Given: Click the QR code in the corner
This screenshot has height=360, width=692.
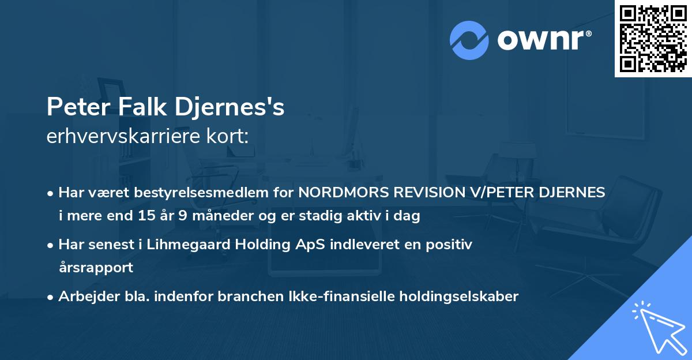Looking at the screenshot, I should [x=652, y=39].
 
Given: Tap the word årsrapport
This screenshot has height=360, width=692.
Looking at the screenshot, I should [x=96, y=268].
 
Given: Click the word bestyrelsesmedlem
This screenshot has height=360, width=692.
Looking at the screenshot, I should [x=208, y=193].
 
